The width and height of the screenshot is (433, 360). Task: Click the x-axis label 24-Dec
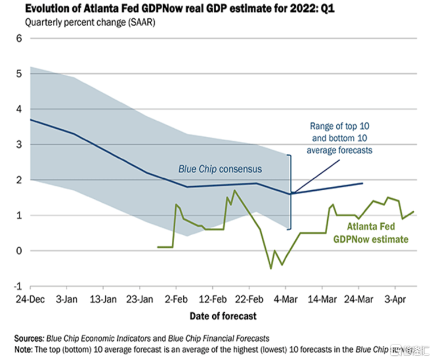tap(30, 300)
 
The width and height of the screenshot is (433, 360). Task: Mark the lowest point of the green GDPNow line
tap(271, 268)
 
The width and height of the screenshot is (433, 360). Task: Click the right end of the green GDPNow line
tap(414, 211)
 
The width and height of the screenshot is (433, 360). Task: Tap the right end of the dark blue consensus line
tap(362, 183)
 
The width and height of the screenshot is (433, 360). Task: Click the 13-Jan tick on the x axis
tap(105, 300)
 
